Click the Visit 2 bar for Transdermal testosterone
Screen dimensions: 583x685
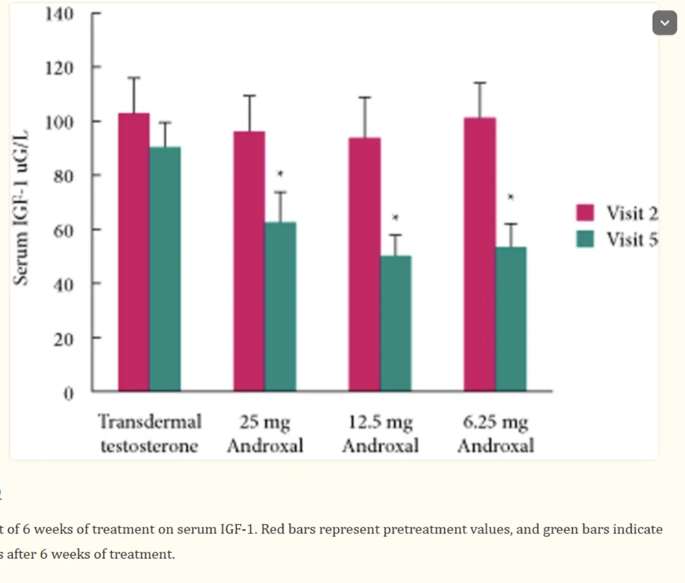(134, 252)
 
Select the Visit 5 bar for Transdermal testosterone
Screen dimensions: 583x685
(165, 269)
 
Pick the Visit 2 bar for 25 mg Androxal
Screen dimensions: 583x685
(250, 261)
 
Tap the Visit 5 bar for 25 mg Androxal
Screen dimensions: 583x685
(281, 306)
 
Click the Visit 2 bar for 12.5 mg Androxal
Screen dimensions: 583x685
(365, 264)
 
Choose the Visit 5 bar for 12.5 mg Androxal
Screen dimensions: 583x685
(396, 323)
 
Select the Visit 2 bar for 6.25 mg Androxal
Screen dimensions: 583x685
(480, 254)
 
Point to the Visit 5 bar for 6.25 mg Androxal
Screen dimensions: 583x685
(511, 318)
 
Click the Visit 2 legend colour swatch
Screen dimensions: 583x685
(585, 213)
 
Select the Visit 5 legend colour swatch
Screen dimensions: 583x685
(585, 239)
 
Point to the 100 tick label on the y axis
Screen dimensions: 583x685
(59, 122)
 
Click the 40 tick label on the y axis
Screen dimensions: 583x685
(62, 284)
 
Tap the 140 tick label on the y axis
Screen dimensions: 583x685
(59, 13)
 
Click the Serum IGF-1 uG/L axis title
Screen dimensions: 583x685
(22, 208)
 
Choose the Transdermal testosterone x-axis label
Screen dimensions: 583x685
(150, 433)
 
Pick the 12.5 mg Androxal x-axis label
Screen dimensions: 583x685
(380, 433)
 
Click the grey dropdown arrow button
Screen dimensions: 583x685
(665, 23)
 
